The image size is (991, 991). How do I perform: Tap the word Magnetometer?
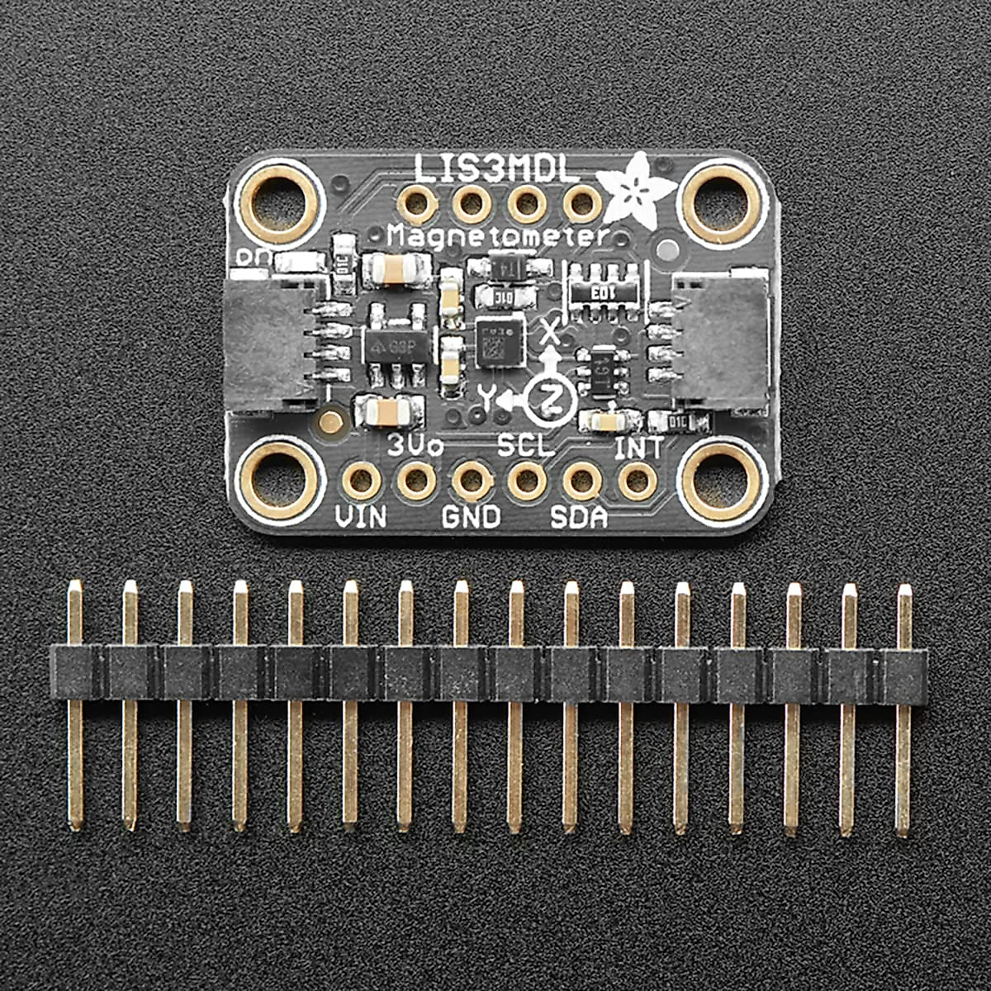(x=498, y=237)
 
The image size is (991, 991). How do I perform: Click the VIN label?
(x=361, y=518)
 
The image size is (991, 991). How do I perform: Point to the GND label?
(x=471, y=518)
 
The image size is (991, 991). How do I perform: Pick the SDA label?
(x=579, y=518)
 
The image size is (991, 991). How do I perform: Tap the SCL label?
(x=525, y=447)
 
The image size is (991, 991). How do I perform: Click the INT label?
(x=638, y=448)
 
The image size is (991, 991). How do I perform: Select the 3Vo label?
(x=415, y=447)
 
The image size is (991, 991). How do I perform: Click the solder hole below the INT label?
(x=638, y=481)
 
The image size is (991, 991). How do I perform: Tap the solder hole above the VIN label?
(x=361, y=481)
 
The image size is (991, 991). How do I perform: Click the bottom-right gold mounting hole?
(x=715, y=482)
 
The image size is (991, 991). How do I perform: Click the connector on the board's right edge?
(x=725, y=343)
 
